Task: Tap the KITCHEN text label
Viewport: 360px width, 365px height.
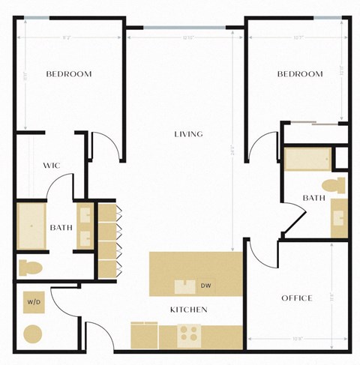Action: coord(188,309)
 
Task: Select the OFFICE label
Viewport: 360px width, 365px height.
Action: coord(296,298)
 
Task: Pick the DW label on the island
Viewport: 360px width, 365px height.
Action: coord(206,286)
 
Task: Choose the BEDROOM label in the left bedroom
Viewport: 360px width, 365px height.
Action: coord(69,73)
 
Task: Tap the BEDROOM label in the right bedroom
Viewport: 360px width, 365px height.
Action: coord(300,73)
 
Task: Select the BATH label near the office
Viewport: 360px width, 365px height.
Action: coord(313,198)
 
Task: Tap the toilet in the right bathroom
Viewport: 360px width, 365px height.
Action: coord(330,184)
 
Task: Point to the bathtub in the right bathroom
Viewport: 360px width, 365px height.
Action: coord(307,160)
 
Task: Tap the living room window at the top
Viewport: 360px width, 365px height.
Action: coord(184,28)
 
